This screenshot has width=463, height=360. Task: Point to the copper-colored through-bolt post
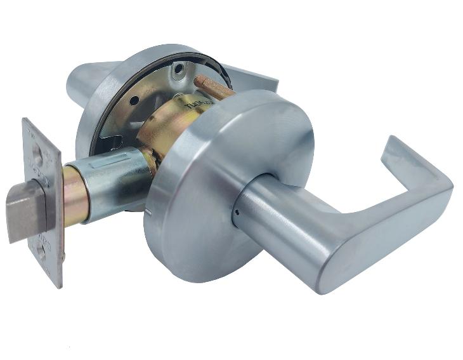[x=212, y=88]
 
